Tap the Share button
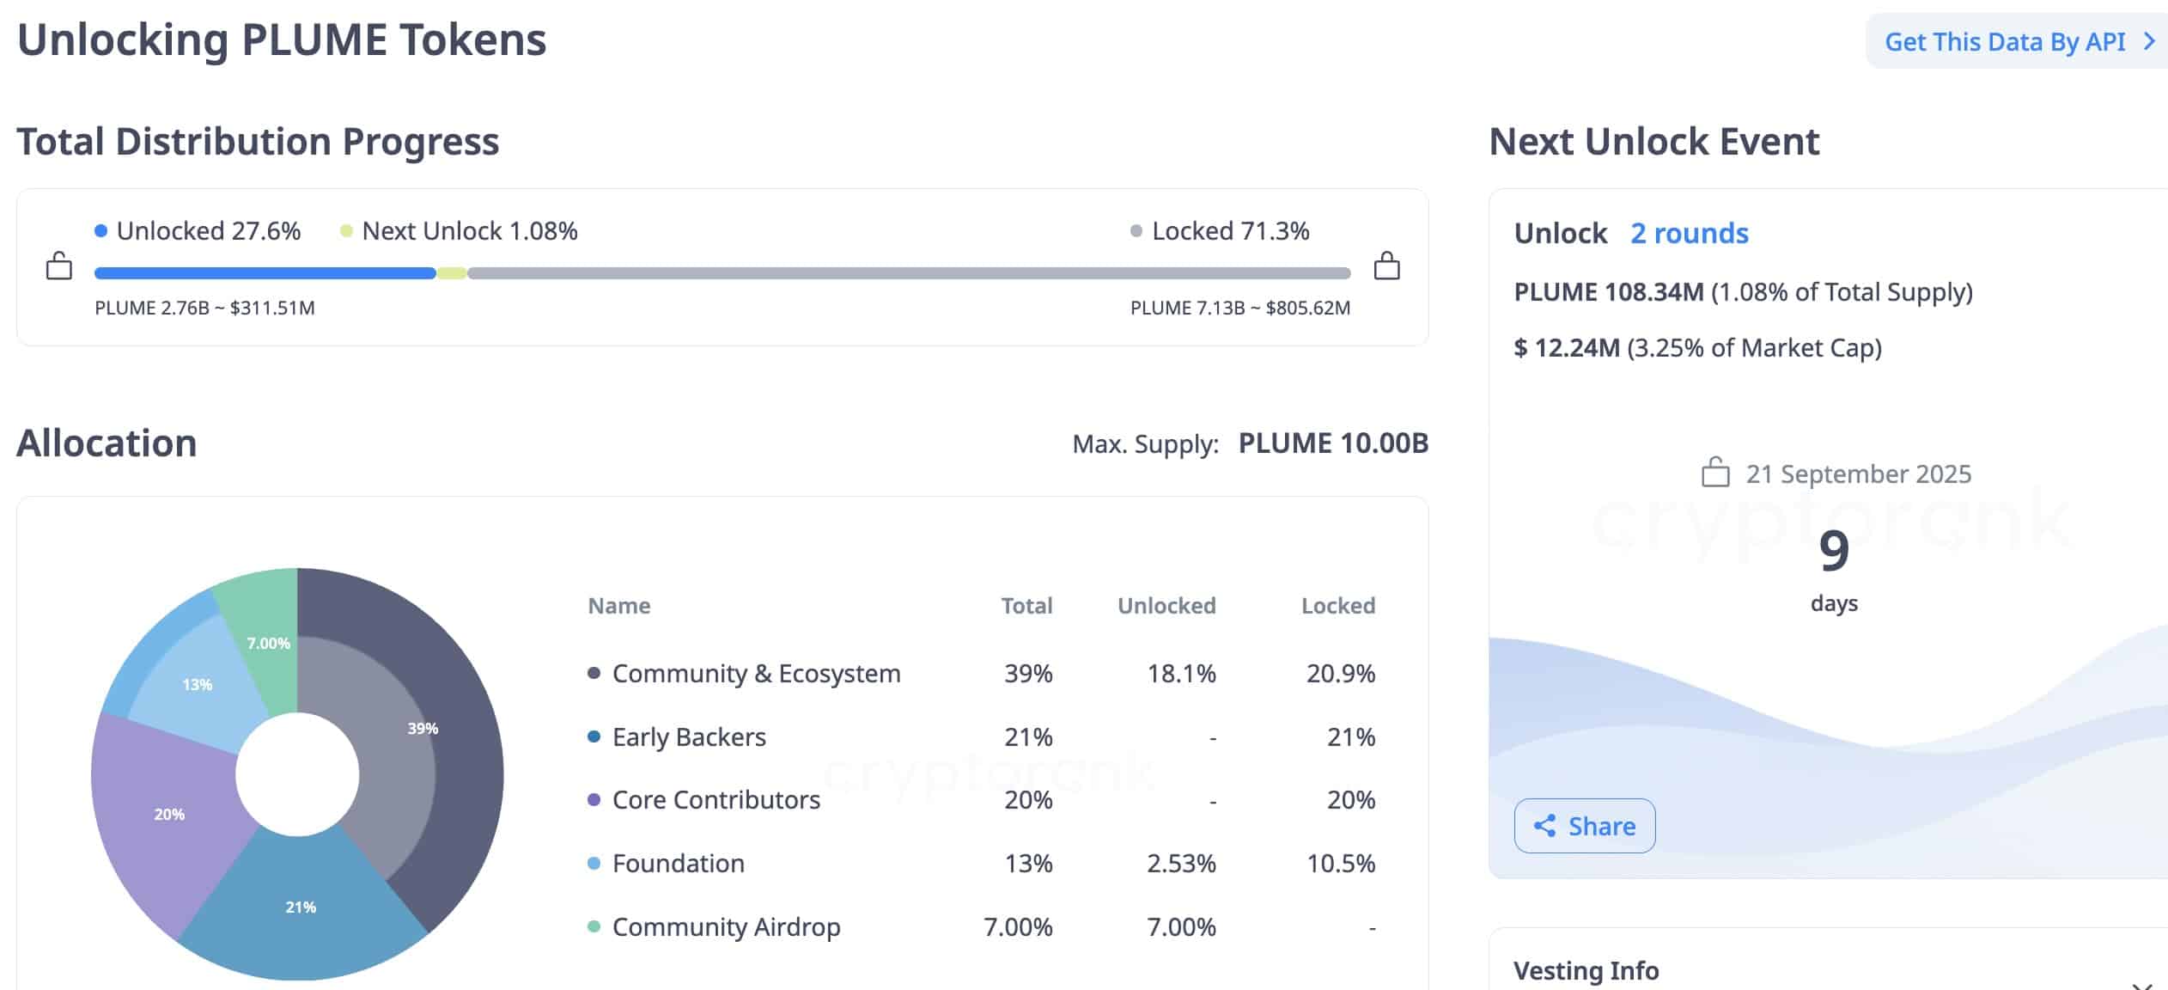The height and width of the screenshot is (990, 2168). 1585,826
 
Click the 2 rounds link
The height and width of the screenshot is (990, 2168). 1689,233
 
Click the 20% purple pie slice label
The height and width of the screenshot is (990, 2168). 169,814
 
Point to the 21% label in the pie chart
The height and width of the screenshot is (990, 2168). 301,907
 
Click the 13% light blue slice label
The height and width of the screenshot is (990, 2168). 197,684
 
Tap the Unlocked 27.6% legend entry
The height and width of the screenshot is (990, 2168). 198,230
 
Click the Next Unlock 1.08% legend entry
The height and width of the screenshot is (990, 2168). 460,230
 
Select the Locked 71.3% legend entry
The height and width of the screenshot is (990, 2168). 1221,230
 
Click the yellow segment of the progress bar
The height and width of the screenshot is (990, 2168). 452,273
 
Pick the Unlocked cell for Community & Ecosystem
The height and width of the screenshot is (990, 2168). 1181,673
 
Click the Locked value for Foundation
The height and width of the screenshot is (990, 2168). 1340,863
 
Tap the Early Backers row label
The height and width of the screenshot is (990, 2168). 688,736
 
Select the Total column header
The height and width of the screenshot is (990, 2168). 1026,606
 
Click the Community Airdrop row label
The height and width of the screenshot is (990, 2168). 726,926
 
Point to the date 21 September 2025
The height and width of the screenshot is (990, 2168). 1857,474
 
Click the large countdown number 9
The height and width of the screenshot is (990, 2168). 1833,550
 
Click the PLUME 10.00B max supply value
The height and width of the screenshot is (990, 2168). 1333,443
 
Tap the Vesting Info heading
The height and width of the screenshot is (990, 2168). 1586,970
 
